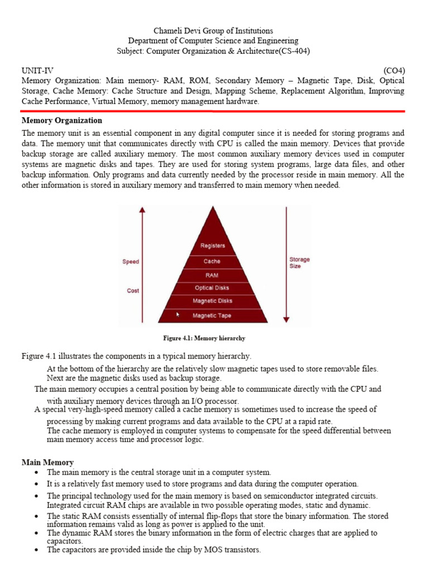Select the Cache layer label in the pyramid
click(x=212, y=261)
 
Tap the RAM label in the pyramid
click(x=212, y=275)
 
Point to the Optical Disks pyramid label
click(x=212, y=288)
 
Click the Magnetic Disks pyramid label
click(x=212, y=301)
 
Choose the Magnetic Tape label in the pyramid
click(x=212, y=316)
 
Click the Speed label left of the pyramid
click(x=131, y=261)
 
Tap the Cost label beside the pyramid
click(x=133, y=290)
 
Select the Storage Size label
click(x=299, y=263)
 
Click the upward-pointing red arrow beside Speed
click(x=142, y=240)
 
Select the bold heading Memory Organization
click(x=61, y=121)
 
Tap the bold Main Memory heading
click(x=47, y=463)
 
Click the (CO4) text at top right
click(x=394, y=70)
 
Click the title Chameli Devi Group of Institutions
click(x=213, y=31)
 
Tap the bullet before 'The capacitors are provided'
click(x=36, y=550)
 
